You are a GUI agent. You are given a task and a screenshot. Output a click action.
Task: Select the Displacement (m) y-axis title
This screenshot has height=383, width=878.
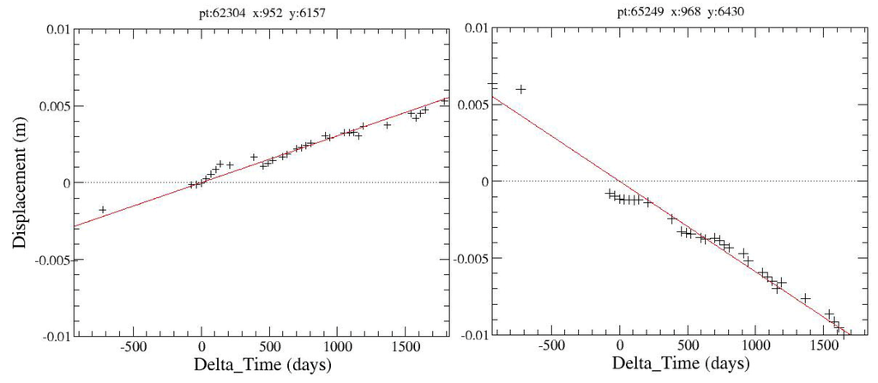click(x=19, y=182)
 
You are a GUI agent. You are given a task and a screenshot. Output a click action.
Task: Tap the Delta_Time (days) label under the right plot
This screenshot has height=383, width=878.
click(x=675, y=366)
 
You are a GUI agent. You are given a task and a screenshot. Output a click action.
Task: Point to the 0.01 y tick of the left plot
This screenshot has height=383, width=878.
click(x=56, y=30)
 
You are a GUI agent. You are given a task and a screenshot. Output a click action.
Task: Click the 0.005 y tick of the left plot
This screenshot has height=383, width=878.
click(x=52, y=106)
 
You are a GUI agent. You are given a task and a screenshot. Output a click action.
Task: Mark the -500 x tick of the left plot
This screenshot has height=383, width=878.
click(x=132, y=348)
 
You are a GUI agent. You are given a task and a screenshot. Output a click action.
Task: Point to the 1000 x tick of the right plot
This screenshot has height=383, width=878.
click(x=755, y=348)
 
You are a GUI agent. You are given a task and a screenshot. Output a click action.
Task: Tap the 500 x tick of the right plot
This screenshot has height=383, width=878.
click(x=688, y=348)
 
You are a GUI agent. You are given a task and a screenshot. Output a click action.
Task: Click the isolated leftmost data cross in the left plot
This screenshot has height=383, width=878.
click(x=103, y=209)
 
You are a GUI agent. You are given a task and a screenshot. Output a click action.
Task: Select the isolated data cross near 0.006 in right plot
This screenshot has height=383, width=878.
click(x=520, y=89)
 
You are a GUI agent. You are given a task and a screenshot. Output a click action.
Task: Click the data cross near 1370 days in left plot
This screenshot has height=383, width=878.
click(x=388, y=125)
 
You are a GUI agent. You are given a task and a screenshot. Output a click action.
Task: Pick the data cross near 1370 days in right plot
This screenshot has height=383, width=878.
click(x=805, y=298)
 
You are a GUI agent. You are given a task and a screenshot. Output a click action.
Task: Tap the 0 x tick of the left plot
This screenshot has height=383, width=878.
click(x=201, y=348)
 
